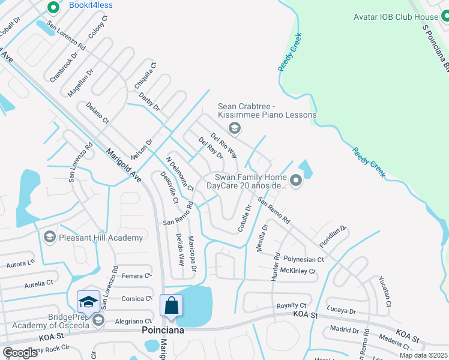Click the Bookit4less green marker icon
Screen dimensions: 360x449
pos(53,7)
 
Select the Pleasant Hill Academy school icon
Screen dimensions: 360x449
pos(50,238)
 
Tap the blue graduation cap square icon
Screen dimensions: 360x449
pos(88,302)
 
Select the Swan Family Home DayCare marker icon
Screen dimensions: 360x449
pos(295,180)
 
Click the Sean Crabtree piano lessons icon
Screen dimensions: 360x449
pos(235,128)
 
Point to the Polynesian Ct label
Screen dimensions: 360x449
pos(304,260)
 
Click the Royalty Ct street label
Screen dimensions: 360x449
pos(295,306)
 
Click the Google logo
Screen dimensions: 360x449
pos(20,353)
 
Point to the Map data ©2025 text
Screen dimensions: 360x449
pos(423,355)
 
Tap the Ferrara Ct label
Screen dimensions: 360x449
pos(135,276)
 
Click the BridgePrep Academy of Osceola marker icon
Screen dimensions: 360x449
pos(98,320)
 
